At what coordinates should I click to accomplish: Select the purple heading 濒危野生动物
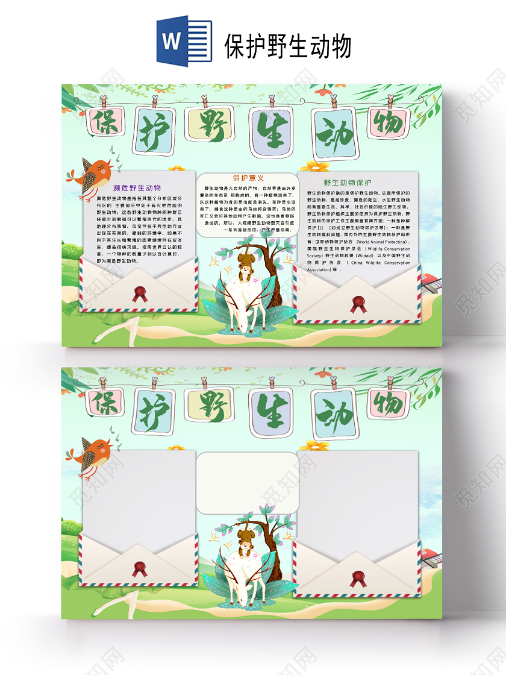pyautogui.click(x=137, y=188)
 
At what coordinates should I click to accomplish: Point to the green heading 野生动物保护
pyautogui.click(x=348, y=183)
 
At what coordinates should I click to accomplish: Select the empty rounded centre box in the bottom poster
pyautogui.click(x=248, y=482)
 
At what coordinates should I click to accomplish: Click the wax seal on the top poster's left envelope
pyautogui.click(x=140, y=294)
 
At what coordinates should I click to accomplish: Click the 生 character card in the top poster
pyautogui.click(x=270, y=130)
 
